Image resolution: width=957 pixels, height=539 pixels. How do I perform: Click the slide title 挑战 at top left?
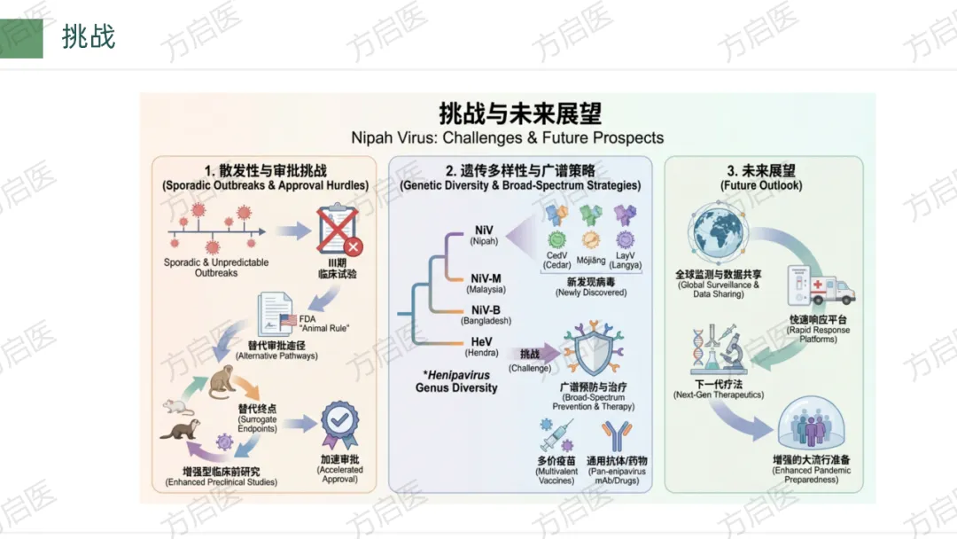point(89,37)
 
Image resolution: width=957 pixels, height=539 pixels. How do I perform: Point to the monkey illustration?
point(222,382)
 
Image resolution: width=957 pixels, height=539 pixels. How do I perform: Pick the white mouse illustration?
point(177,407)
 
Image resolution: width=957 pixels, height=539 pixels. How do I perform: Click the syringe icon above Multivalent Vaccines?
point(556,435)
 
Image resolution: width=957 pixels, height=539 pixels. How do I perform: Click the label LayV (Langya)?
point(626,260)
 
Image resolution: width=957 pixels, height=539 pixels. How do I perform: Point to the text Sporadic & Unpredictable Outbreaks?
point(216,268)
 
